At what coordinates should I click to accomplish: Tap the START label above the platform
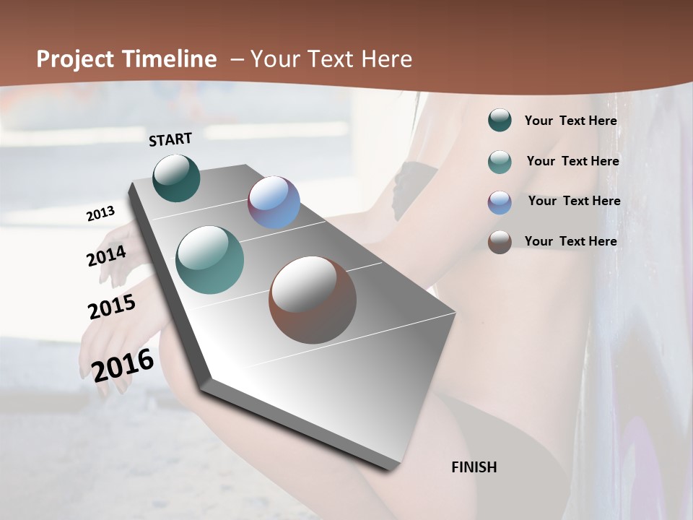[170, 139]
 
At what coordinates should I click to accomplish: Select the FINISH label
[474, 467]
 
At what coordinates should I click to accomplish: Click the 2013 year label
[100, 214]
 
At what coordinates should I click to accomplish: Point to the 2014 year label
[106, 256]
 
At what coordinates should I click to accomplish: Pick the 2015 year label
[112, 307]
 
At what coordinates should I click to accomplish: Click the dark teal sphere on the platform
[177, 178]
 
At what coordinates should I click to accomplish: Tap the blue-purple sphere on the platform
[274, 202]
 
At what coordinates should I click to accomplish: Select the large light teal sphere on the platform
[210, 260]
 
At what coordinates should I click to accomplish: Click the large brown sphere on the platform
[313, 300]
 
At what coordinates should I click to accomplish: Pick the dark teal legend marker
[500, 121]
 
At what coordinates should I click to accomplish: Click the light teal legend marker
[500, 162]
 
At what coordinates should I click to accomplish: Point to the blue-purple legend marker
[500, 202]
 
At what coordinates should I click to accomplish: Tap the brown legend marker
[500, 242]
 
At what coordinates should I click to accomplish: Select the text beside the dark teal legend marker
[571, 121]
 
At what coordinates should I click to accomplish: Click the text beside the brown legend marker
[571, 241]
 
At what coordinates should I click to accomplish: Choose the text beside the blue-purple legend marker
[574, 201]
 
